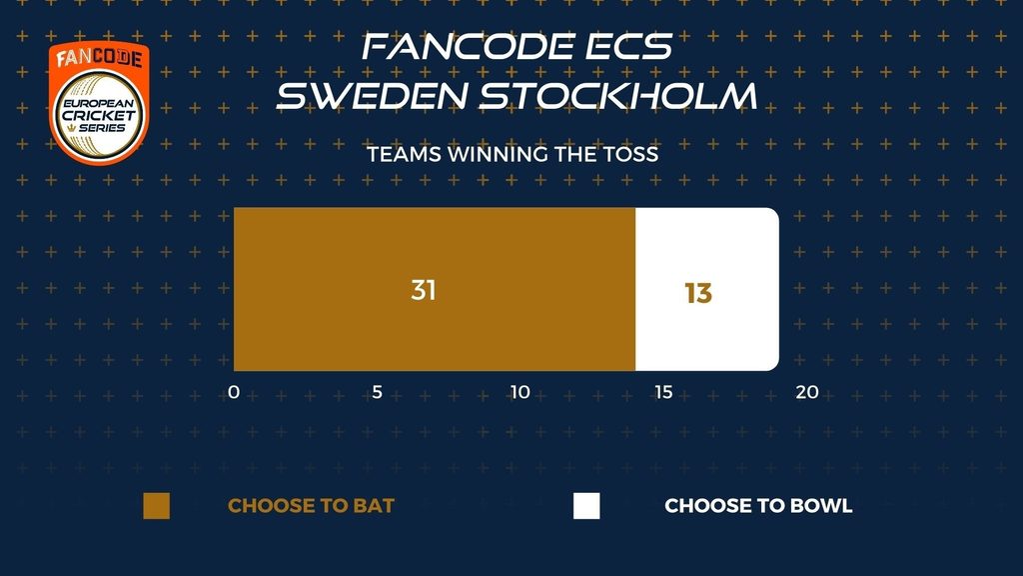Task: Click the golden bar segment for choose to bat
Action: (435, 289)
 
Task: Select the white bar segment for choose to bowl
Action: (707, 289)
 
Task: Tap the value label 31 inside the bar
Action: (424, 290)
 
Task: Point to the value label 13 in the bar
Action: (698, 293)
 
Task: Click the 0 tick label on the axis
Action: (234, 392)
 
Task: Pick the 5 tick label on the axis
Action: (377, 392)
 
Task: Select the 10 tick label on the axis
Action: (519, 392)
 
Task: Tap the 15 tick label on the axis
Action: (663, 392)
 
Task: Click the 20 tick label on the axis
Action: (807, 392)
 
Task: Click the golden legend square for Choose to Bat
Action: (157, 506)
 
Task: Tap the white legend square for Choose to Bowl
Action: (586, 506)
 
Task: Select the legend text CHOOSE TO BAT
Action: (312, 505)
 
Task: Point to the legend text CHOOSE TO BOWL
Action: (759, 505)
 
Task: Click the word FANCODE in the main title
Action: (469, 47)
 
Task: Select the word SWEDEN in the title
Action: (373, 95)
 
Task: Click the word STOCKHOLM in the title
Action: (618, 95)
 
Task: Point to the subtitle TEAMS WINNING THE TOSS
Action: (512, 154)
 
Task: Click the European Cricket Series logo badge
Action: (99, 103)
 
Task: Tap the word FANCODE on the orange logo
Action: (99, 58)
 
